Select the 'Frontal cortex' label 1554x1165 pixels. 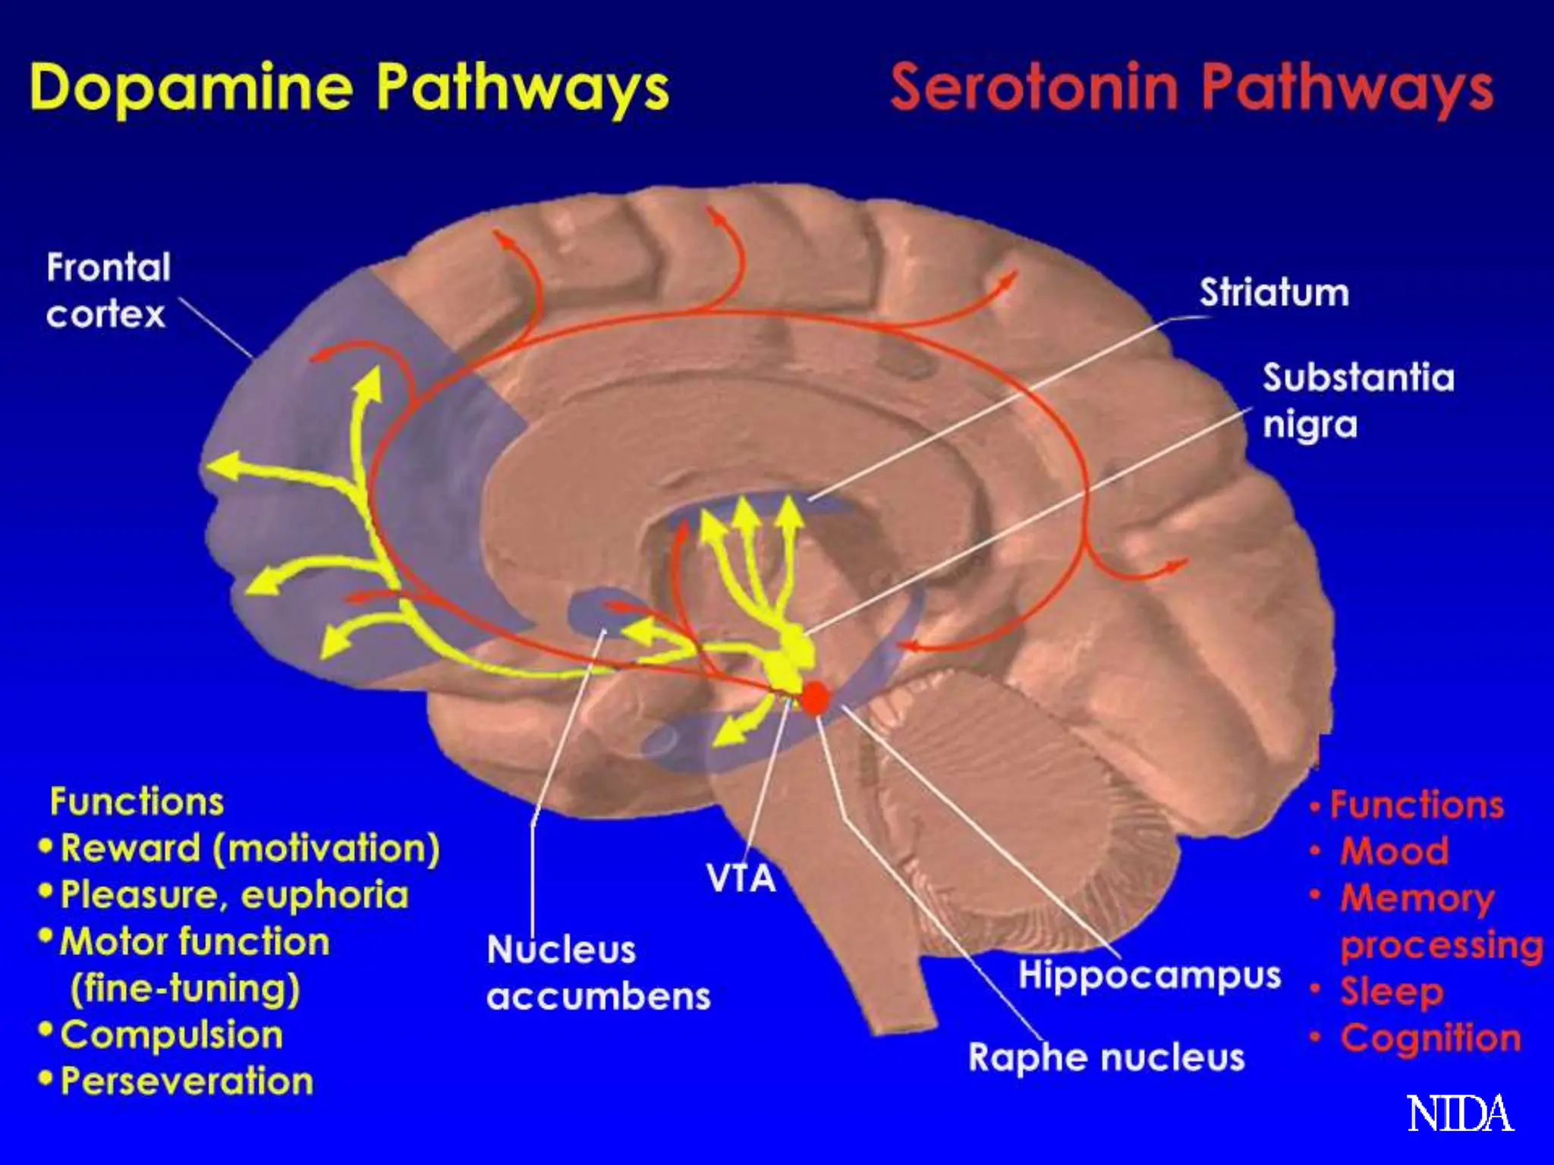pos(108,290)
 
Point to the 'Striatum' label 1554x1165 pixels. pos(1274,293)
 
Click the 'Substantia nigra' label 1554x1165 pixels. pos(1357,400)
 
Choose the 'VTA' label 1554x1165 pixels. pos(741,878)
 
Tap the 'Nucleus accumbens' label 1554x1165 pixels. pos(598,972)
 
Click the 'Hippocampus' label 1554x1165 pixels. pos(1149,975)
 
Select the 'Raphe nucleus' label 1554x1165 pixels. pos(1106,1057)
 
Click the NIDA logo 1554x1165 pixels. pos(1460,1113)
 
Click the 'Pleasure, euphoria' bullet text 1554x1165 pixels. pos(234,895)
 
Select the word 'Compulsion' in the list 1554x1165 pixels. pos(171,1035)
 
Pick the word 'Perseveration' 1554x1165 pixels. pos(187,1081)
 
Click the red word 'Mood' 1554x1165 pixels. pos(1395,851)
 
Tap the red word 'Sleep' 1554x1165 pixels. pos(1392,991)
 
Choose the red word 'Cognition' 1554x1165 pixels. pos(1431,1038)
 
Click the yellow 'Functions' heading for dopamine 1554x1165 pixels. pos(137,802)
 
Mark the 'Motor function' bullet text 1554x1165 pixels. pos(194,942)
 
